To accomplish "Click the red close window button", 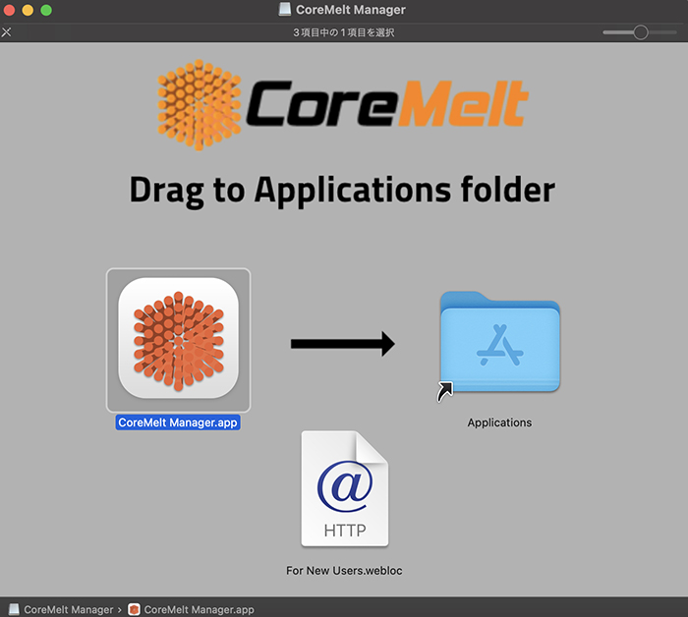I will pos(9,10).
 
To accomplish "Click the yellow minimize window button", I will pos(28,10).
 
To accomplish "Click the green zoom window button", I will pos(46,10).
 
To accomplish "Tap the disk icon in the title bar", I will pos(284,10).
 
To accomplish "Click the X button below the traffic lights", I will pos(7,32).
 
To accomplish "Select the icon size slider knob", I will pos(641,32).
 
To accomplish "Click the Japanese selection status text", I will pos(344,32).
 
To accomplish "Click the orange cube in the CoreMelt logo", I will pos(200,100).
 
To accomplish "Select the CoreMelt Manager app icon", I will pos(178,339).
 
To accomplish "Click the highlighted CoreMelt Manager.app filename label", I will pos(178,422).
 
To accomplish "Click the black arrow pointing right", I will pos(342,344).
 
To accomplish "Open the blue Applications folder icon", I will pos(500,341).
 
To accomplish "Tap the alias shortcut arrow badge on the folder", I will pos(445,392).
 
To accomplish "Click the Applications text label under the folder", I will pos(499,422).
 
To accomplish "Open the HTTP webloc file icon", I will pos(344,488).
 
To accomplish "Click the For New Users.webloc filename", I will pos(344,570).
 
